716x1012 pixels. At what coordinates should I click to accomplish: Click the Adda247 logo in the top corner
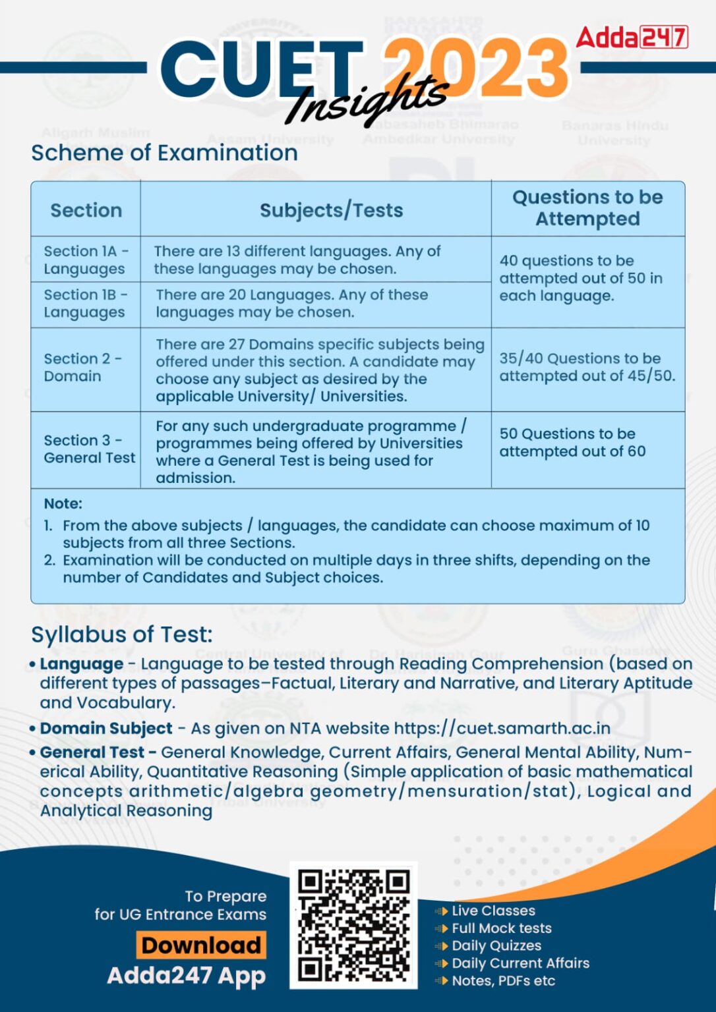click(x=632, y=37)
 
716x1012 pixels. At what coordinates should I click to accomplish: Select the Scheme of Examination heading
click(x=164, y=153)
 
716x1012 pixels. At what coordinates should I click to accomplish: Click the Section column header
click(x=86, y=210)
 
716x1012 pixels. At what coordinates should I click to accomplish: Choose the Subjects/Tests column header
click(x=331, y=210)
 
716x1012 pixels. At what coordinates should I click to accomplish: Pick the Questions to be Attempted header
click(x=587, y=208)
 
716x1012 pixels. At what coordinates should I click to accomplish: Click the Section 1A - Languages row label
click(x=86, y=260)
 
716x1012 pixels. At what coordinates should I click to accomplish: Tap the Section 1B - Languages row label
click(x=86, y=303)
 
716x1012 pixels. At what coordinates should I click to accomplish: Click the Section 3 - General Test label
click(x=89, y=449)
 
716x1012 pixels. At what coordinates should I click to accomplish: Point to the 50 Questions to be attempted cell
click(x=572, y=443)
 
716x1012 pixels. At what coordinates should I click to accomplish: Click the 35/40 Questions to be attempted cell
click(x=587, y=367)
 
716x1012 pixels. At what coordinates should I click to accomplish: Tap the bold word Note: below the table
click(x=63, y=503)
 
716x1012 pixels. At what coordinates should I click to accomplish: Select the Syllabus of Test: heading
click(x=122, y=634)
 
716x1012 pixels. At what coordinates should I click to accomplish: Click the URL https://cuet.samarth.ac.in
click(x=502, y=728)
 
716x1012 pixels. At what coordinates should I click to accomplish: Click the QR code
click(x=353, y=925)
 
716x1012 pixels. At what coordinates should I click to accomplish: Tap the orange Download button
click(x=201, y=945)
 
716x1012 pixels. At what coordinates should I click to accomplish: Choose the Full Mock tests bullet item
click(x=501, y=928)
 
